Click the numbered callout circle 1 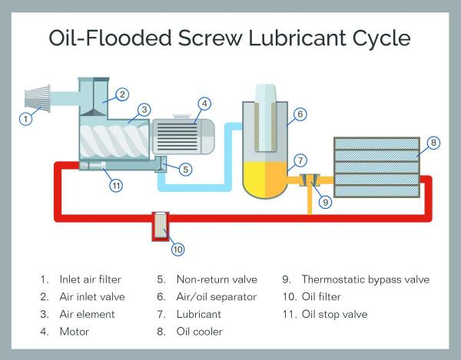pyautogui.click(x=26, y=118)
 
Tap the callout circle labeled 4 pyautogui.click(x=204, y=103)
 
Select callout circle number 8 pyautogui.click(x=433, y=142)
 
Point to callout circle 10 pyautogui.click(x=178, y=248)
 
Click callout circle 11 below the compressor pyautogui.click(x=115, y=184)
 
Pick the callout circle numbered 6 pyautogui.click(x=300, y=114)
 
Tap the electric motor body pyautogui.click(x=181, y=137)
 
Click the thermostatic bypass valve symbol pyautogui.click(x=310, y=181)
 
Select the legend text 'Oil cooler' pyautogui.click(x=202, y=332)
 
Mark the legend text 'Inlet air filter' pyautogui.click(x=90, y=279)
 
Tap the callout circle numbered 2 pyautogui.click(x=121, y=95)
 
